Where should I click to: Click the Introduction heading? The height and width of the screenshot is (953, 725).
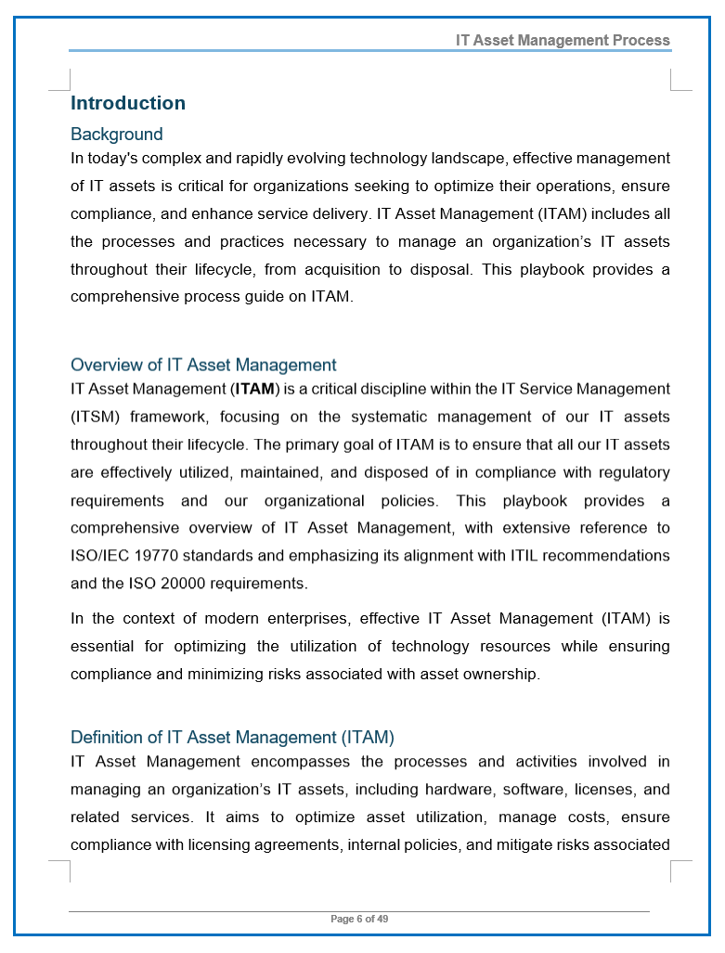[128, 103]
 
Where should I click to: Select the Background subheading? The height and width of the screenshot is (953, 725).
[117, 135]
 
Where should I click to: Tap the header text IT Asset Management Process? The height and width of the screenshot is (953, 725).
[563, 40]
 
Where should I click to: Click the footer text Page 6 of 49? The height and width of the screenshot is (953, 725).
[359, 919]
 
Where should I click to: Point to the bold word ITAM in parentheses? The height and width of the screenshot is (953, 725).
[255, 389]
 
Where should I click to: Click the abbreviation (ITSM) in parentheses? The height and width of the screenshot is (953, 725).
[94, 417]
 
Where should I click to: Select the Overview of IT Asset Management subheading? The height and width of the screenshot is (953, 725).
[203, 365]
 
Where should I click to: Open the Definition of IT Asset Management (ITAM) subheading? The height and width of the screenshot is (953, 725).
[232, 738]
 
